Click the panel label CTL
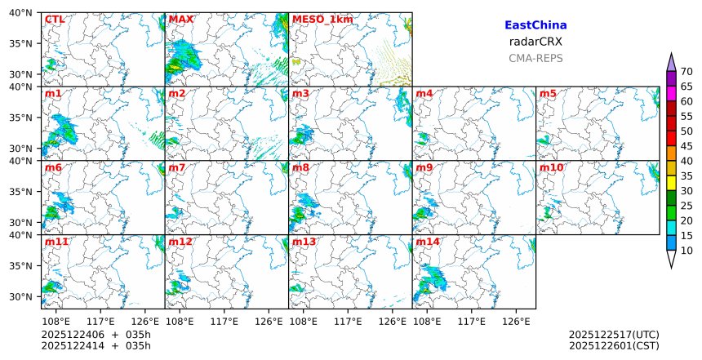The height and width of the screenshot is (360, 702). point(55,19)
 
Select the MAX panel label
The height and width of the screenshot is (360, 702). point(180,19)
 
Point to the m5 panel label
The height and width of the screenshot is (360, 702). point(548,93)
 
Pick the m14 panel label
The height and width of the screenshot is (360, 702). point(428,242)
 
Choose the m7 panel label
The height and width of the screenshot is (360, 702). point(177,167)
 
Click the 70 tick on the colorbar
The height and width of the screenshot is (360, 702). point(686,71)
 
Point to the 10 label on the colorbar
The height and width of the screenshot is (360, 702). point(686,251)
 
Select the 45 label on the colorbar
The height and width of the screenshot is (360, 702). point(686,145)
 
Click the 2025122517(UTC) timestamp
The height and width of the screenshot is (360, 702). point(614,335)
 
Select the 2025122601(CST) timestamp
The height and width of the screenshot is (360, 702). point(614,346)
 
